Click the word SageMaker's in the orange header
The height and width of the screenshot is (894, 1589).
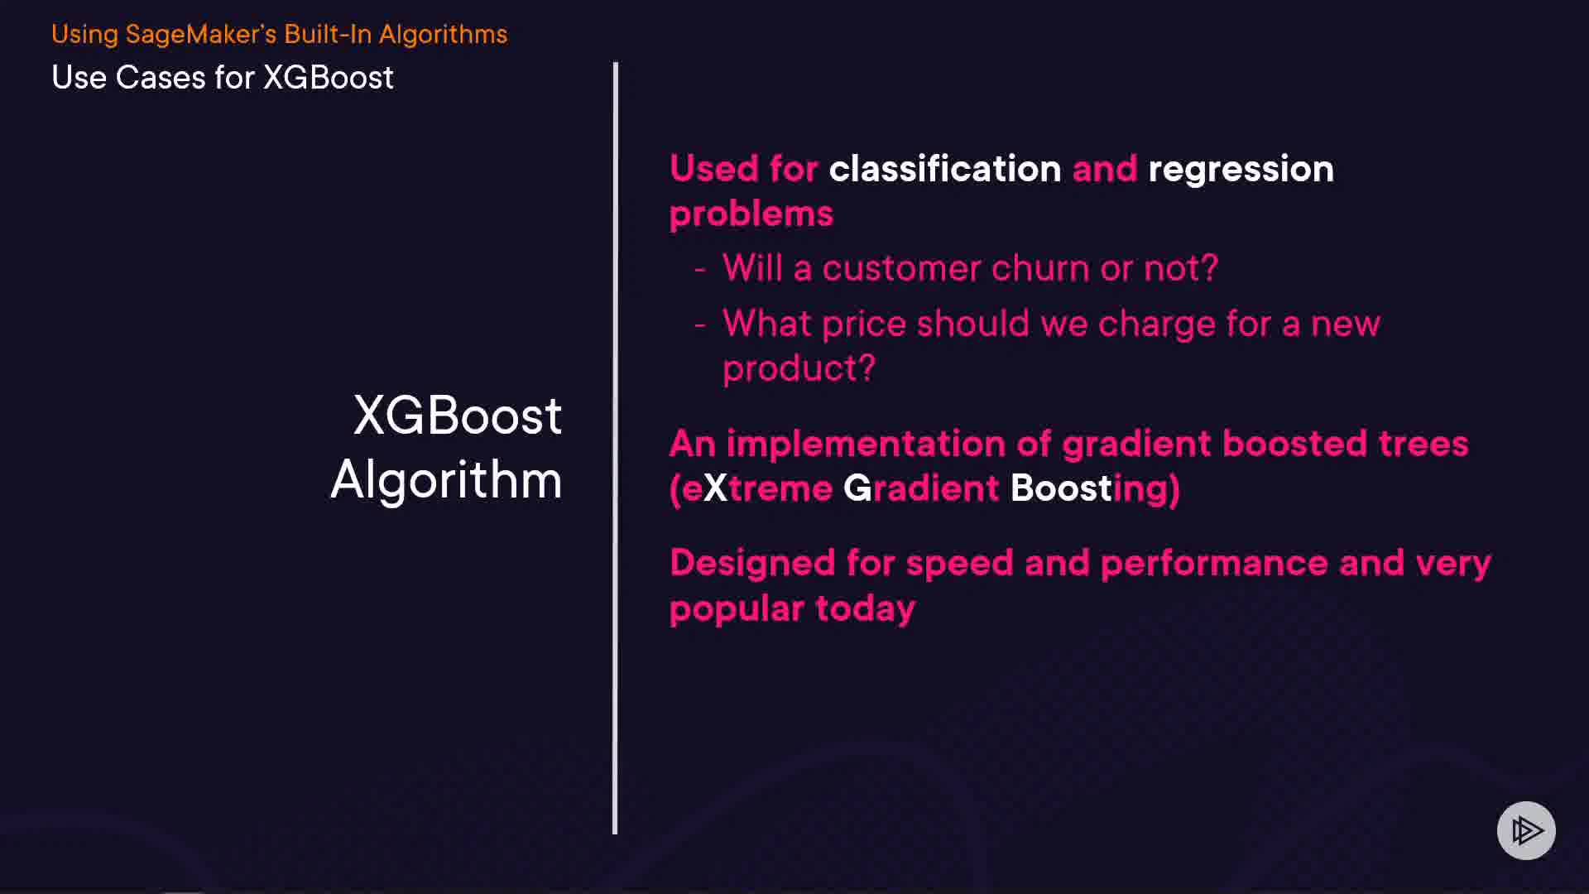pyautogui.click(x=201, y=35)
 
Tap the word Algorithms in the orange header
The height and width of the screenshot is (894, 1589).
pyautogui.click(x=443, y=35)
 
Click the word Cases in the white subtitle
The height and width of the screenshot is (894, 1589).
pyautogui.click(x=161, y=78)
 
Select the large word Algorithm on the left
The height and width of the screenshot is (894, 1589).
pyautogui.click(x=446, y=480)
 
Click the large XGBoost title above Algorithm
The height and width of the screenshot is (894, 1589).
pyautogui.click(x=458, y=415)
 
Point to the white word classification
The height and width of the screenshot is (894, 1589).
pyautogui.click(x=945, y=169)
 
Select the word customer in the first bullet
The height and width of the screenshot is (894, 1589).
pyautogui.click(x=901, y=269)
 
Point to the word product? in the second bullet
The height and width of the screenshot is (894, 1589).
pyautogui.click(x=799, y=369)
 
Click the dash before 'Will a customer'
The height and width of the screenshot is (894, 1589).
pyautogui.click(x=700, y=270)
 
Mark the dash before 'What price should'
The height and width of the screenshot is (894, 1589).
pyautogui.click(x=700, y=325)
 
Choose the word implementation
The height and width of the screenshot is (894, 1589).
pyautogui.click(x=866, y=445)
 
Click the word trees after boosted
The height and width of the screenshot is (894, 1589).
pyautogui.click(x=1423, y=445)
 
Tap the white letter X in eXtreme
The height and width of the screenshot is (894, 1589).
pyautogui.click(x=715, y=488)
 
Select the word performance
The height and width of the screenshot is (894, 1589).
pyautogui.click(x=1214, y=565)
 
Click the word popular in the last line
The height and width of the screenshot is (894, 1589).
pyautogui.click(x=737, y=610)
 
